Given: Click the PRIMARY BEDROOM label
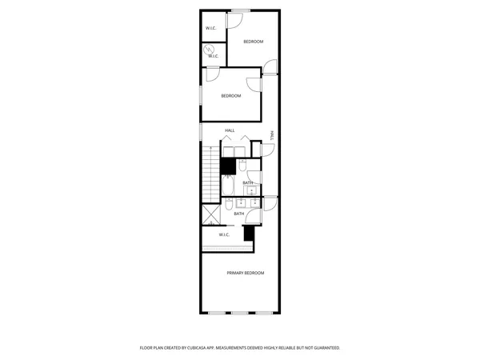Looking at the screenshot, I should coord(245,273).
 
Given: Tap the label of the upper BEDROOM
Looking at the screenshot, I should coord(254,41).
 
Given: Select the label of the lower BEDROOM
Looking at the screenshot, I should coord(231,96).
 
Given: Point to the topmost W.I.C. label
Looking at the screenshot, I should coord(211,29).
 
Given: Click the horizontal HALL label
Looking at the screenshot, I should coord(230,130).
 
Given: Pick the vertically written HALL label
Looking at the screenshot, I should coord(271,136).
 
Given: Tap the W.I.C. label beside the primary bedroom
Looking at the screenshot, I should coord(224,234).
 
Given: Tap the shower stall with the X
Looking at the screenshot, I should coord(211,214).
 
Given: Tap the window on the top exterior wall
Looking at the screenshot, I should coord(241,10).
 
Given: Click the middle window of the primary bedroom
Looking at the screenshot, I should coord(241,313).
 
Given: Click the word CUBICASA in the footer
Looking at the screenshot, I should coord(201,348).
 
